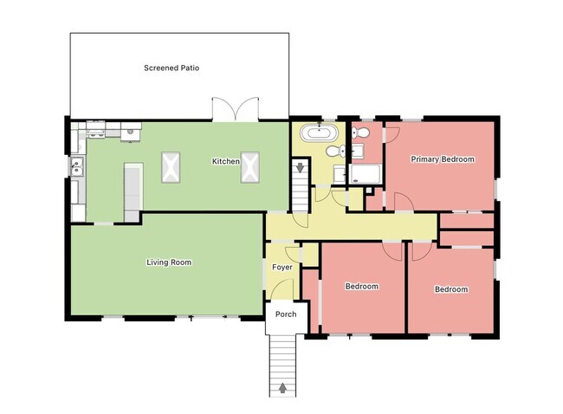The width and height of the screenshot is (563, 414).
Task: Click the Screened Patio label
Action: pyautogui.click(x=171, y=68)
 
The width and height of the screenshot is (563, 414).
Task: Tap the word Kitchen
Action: pyautogui.click(x=226, y=162)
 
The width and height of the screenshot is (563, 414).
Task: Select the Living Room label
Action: pyautogui.click(x=168, y=262)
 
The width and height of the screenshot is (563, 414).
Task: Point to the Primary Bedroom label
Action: pyautogui.click(x=443, y=159)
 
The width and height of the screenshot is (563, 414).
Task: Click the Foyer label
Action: pyautogui.click(x=282, y=268)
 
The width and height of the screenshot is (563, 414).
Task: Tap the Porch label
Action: pyautogui.click(x=285, y=314)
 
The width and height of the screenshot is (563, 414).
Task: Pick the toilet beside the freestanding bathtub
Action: pyautogui.click(x=343, y=152)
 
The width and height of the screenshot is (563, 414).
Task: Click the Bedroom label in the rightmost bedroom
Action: pyautogui.click(x=450, y=289)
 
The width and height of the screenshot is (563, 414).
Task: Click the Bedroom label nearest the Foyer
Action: pyautogui.click(x=362, y=286)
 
